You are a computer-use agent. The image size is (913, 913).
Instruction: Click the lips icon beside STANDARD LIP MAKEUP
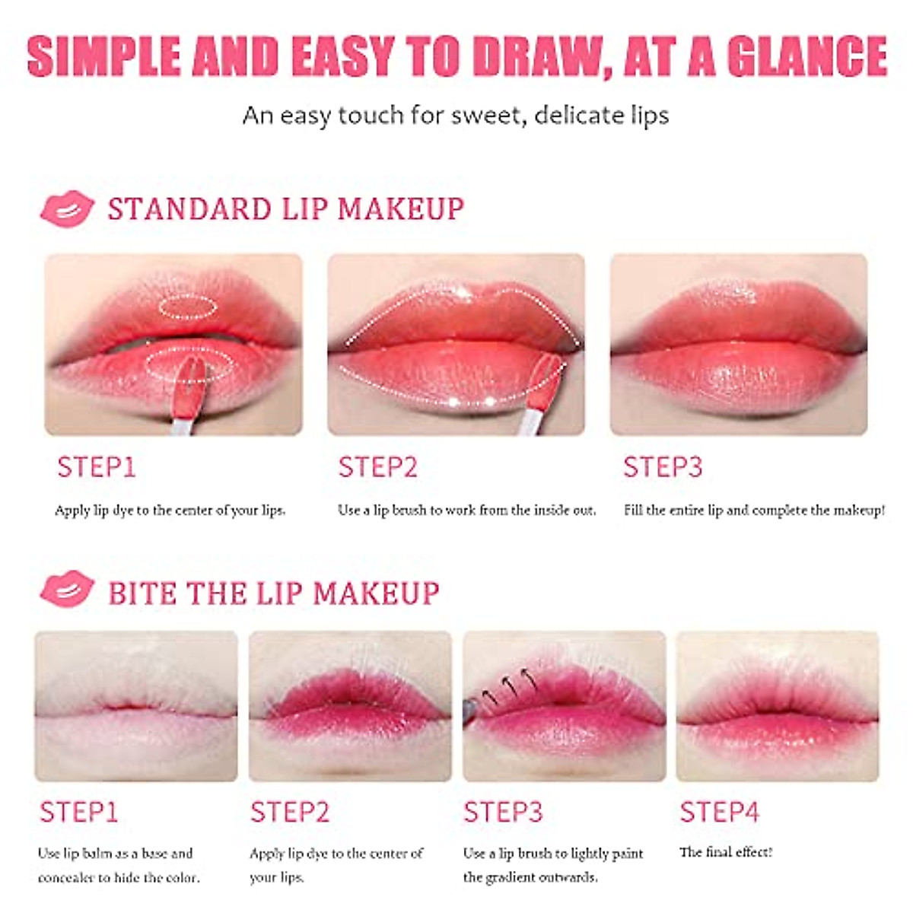pos(67,208)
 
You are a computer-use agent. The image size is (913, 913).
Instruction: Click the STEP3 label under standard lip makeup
pos(662,467)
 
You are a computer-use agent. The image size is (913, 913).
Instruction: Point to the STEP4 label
pos(719,812)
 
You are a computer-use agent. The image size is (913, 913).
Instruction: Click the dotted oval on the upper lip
pos(187,306)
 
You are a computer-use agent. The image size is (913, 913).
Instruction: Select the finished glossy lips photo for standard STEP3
pos(738,344)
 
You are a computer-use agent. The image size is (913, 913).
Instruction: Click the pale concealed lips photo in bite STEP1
pos(135,705)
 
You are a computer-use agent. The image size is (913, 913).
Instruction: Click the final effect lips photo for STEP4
pos(777,705)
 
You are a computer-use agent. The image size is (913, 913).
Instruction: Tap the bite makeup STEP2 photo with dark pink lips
pos(350,705)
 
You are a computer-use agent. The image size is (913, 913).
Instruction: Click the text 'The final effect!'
pos(725,852)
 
